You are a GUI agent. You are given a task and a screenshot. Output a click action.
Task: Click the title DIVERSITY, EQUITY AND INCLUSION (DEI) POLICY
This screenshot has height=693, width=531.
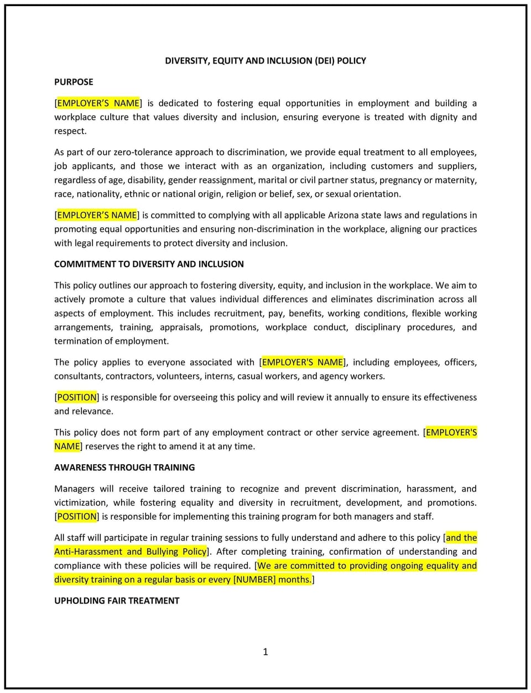click(265, 61)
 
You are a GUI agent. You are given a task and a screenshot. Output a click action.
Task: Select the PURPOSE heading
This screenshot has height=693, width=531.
click(74, 82)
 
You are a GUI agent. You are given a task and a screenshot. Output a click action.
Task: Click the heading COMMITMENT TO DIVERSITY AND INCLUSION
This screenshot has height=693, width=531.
click(149, 264)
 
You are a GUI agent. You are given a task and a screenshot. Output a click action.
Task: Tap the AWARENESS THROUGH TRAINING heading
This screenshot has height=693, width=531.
click(124, 468)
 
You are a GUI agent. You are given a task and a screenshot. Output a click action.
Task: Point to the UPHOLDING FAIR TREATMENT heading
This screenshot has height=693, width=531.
click(117, 601)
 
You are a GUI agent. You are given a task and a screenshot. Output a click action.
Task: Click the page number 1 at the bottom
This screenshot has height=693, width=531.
click(265, 652)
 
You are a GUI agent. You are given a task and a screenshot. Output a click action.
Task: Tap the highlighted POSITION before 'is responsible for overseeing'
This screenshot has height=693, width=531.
click(77, 397)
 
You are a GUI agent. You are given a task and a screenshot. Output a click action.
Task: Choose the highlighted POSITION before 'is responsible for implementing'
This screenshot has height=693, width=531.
click(77, 517)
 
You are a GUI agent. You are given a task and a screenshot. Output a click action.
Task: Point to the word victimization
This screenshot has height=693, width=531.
click(80, 503)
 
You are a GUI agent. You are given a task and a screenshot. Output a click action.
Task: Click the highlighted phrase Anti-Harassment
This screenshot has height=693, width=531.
click(88, 552)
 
